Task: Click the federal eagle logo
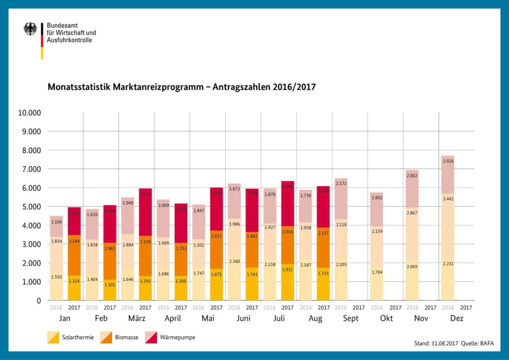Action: (x=31, y=29)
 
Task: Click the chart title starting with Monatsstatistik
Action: (x=181, y=88)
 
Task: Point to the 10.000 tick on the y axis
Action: (x=29, y=112)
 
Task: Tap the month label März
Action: (x=136, y=319)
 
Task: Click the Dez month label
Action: (x=456, y=319)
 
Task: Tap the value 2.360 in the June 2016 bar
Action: (x=234, y=262)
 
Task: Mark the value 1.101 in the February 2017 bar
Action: (x=110, y=285)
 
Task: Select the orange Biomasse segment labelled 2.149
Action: (x=74, y=242)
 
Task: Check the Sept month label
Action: (x=350, y=319)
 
